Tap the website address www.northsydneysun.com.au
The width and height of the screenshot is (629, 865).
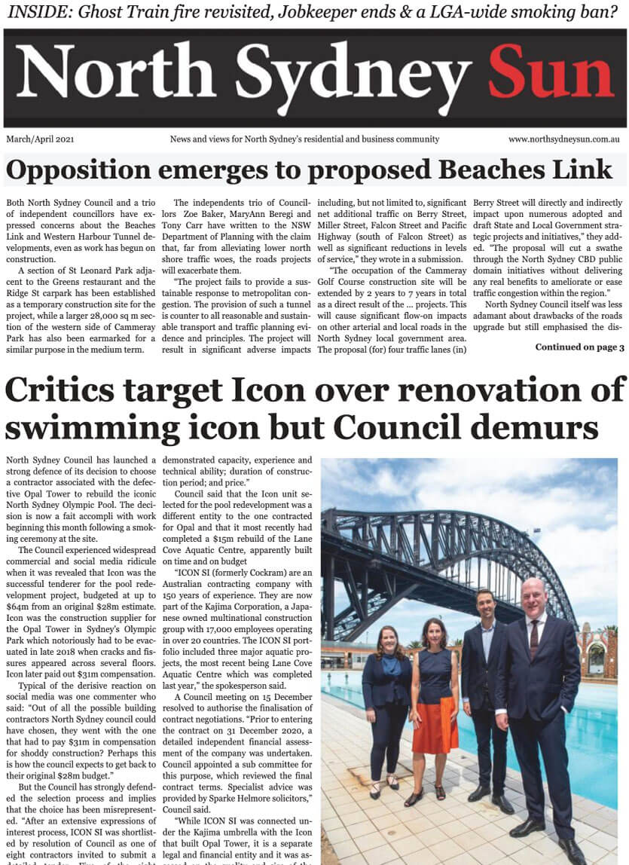563,139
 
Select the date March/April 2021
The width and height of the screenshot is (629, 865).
41,139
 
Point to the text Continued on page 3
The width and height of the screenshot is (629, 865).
579,347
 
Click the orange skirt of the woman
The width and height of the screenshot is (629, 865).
435,724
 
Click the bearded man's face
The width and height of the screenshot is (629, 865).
486,607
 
